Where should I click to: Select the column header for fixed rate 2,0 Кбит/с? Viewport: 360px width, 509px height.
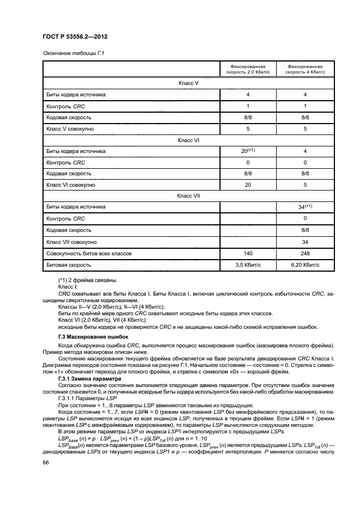coord(248,68)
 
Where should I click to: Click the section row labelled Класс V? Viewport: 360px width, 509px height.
coord(188,83)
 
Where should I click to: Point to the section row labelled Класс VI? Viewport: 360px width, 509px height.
coord(188,140)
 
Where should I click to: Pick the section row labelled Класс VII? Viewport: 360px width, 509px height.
coord(188,197)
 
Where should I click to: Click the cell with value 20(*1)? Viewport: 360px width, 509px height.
coord(248,151)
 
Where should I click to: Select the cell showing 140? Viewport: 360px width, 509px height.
coord(248,253)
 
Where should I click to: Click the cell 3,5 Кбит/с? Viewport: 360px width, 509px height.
coord(248,265)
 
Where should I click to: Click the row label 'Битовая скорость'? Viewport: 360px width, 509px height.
coord(68,265)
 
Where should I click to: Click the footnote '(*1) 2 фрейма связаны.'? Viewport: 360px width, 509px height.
coord(87,280)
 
